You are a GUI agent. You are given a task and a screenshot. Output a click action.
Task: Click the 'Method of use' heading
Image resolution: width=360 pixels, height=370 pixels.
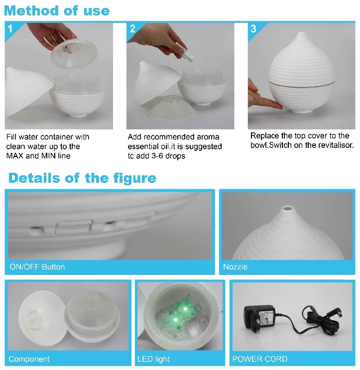coord(57,11)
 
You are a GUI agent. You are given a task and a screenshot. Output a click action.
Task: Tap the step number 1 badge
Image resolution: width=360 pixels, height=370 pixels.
coord(10,29)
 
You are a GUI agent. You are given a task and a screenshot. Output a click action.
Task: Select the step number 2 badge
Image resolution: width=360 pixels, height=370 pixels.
coord(132,29)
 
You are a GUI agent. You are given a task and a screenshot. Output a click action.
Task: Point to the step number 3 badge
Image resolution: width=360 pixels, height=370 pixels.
coord(253,29)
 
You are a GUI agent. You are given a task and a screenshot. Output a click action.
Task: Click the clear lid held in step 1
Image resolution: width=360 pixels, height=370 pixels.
coord(74,54)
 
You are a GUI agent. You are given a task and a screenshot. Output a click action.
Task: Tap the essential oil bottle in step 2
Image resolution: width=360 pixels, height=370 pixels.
coord(188,54)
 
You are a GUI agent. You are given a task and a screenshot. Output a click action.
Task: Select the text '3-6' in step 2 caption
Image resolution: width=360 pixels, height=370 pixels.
coord(156,156)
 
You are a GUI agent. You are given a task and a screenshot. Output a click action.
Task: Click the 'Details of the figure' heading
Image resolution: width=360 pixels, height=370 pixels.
coord(82,178)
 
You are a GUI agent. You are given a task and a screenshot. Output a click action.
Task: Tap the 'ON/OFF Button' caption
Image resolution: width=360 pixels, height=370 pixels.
coord(37,266)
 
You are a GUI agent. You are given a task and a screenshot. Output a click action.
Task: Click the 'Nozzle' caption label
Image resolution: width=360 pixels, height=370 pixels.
coord(235,266)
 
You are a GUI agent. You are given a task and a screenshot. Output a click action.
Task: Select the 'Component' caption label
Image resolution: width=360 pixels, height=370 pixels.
coord(29,359)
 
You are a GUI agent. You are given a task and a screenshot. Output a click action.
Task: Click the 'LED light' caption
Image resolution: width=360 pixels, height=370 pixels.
coord(153,359)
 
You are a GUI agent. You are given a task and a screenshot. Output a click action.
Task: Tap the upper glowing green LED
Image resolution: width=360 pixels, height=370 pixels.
coord(185,309)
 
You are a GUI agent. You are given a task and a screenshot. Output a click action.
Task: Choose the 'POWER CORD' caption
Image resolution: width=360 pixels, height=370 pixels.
coord(260,359)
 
